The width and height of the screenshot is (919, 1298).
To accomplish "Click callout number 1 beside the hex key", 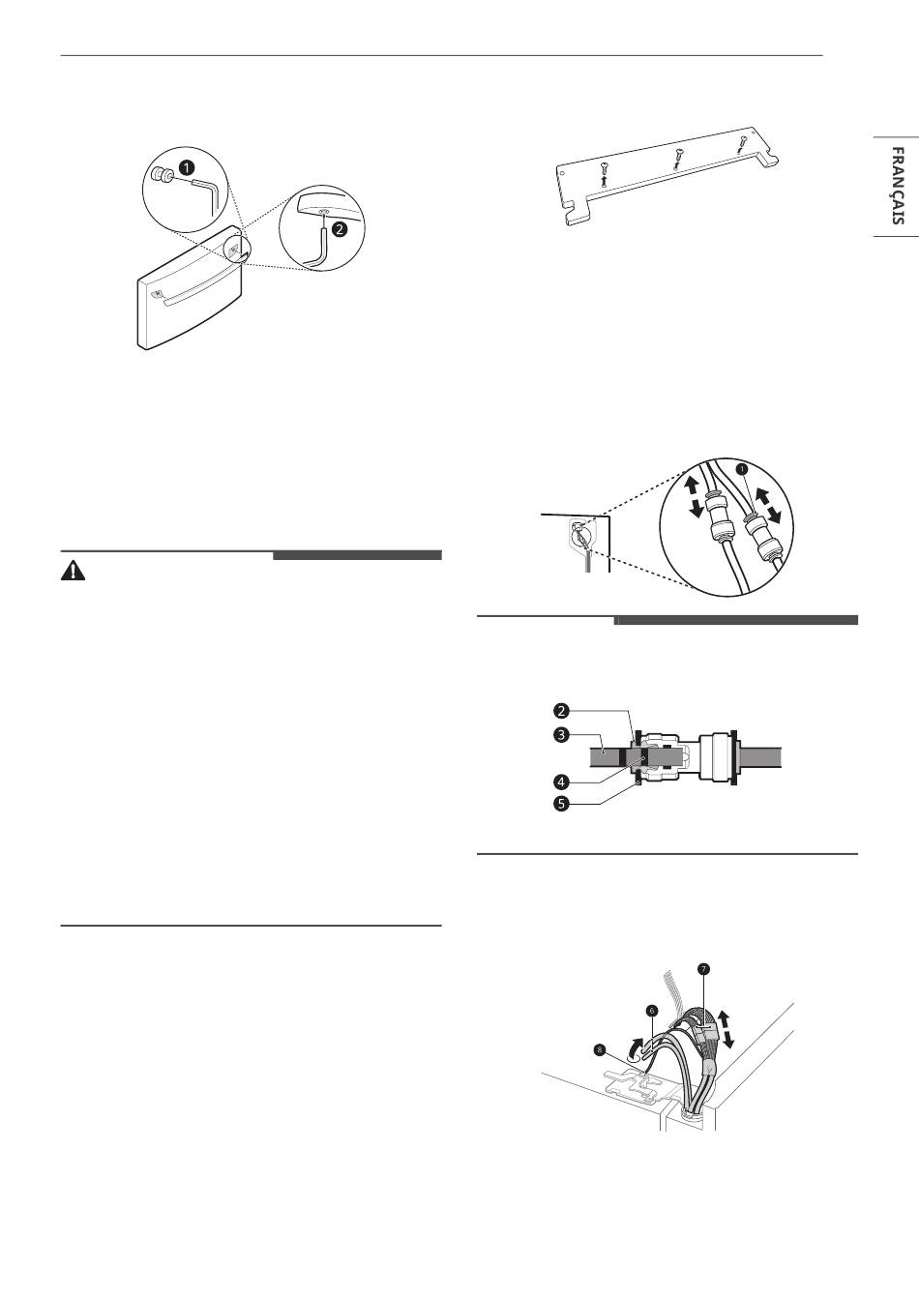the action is click(186, 168).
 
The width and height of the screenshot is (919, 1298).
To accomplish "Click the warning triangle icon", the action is click(73, 572).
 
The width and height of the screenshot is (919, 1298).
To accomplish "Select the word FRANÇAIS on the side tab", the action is click(897, 186).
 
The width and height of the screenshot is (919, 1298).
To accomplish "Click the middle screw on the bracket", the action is click(677, 158).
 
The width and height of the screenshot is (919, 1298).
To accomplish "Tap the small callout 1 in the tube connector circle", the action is click(743, 469).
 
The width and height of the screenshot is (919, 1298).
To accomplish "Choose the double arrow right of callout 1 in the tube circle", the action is click(766, 505).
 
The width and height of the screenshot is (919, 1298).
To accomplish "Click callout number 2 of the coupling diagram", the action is click(560, 711).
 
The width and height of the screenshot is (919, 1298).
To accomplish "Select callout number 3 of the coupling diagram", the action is click(560, 735).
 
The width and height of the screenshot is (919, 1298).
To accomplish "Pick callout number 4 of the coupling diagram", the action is click(560, 782).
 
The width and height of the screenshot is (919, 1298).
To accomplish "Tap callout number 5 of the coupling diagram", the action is click(560, 804).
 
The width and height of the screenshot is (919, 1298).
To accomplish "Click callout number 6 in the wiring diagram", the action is click(651, 1010).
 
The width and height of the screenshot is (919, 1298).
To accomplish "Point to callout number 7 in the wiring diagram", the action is click(703, 969).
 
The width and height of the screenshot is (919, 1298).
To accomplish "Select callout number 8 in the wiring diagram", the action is click(600, 1049).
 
